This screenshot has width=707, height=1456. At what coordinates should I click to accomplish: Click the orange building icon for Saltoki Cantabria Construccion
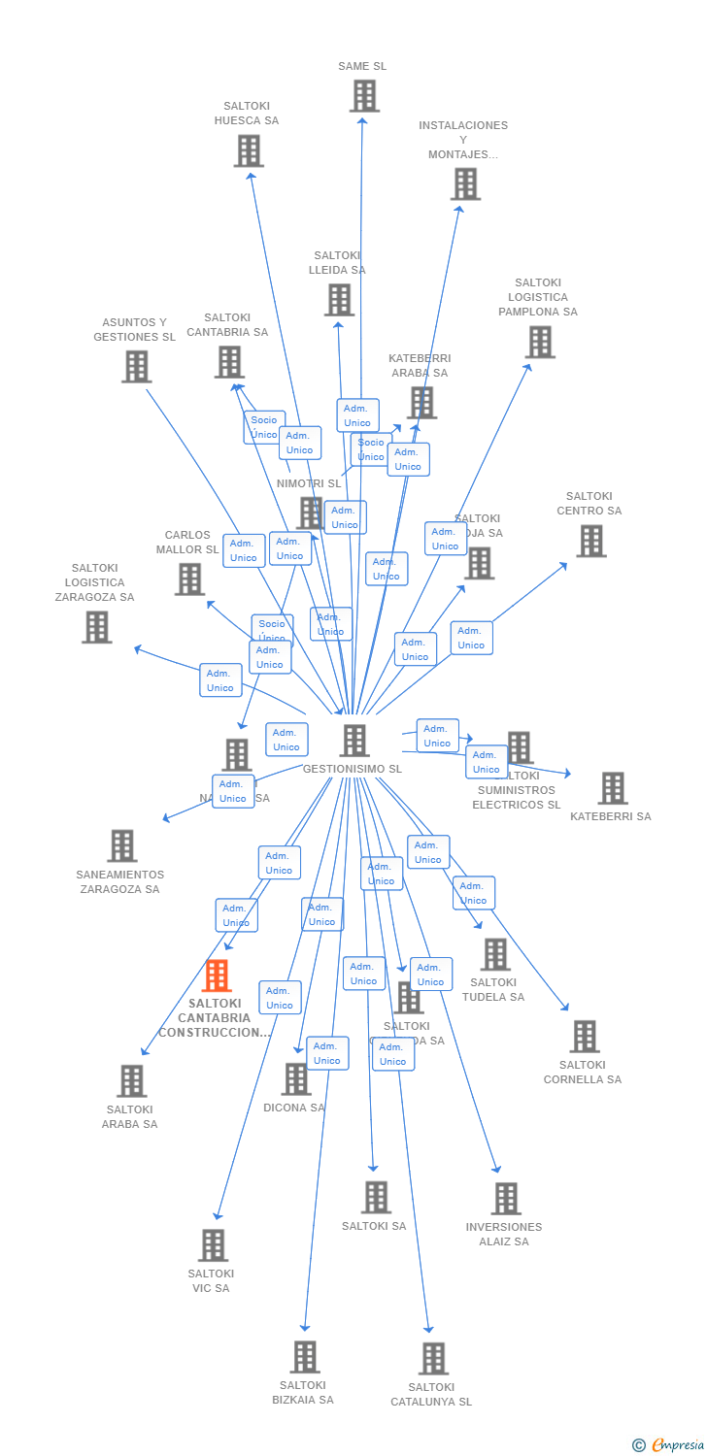[x=217, y=976]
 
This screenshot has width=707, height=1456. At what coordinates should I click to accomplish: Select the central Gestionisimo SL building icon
[x=354, y=741]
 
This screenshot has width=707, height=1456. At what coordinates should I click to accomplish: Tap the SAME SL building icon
[x=364, y=96]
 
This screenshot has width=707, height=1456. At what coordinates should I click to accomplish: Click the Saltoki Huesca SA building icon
[x=249, y=150]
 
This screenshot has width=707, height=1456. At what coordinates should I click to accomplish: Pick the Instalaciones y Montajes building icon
[x=465, y=183]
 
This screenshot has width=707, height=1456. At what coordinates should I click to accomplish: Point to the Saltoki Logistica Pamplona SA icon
[x=540, y=342]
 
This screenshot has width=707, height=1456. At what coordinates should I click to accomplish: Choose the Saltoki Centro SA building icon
[x=590, y=541]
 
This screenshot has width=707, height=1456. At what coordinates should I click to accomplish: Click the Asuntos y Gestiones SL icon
[x=137, y=366]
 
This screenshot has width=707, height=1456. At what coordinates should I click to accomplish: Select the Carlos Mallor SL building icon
[x=189, y=579]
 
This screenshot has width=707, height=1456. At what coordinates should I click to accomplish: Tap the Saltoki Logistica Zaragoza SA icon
[x=96, y=627]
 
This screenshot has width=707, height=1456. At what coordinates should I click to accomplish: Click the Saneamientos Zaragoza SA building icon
[x=121, y=845]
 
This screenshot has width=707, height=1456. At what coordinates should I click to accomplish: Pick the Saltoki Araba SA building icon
[x=131, y=1080]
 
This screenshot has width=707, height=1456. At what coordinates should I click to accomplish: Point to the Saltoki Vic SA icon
[x=213, y=1244]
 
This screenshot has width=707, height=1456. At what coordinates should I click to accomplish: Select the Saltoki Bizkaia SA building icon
[x=305, y=1356]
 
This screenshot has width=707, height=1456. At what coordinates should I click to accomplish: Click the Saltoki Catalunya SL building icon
[x=433, y=1358]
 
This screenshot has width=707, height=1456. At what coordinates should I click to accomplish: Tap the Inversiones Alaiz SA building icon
[x=505, y=1198]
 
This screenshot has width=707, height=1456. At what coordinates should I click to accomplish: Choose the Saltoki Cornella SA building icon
[x=584, y=1036]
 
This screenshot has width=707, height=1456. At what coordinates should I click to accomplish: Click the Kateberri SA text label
[x=610, y=816]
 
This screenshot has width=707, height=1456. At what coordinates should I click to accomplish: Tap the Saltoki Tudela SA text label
[x=493, y=990]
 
